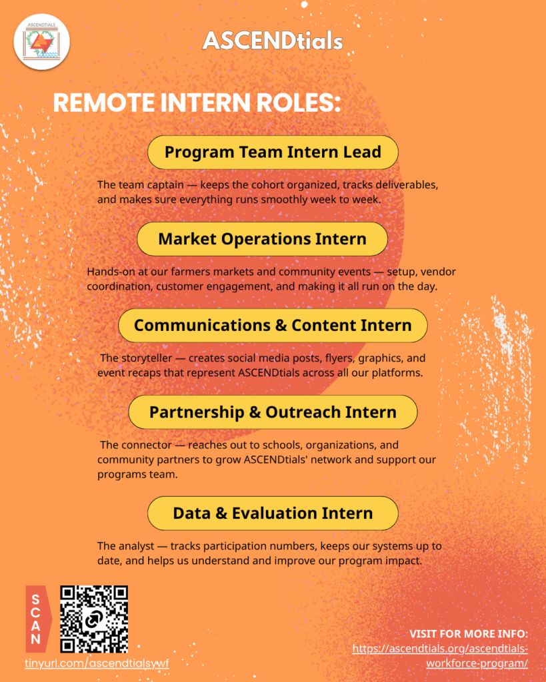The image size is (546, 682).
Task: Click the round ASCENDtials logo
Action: pos(42,42)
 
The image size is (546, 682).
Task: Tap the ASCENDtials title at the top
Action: pos(273,41)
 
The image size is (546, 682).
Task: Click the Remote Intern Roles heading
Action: pos(197,103)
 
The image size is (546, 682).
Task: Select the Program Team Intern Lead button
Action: pos(273,153)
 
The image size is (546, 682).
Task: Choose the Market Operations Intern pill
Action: pos(262,239)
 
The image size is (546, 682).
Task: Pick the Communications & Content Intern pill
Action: pos(273,325)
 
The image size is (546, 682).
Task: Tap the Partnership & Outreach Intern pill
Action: pos(273,412)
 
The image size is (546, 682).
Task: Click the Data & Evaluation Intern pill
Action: pos(273,513)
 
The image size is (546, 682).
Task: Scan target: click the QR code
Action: pos(94,619)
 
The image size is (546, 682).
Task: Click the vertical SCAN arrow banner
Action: pos(38,619)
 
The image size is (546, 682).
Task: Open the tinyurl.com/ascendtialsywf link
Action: pos(97,663)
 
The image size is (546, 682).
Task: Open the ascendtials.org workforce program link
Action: pos(440,656)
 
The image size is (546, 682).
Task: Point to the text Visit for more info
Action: pos(469,634)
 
